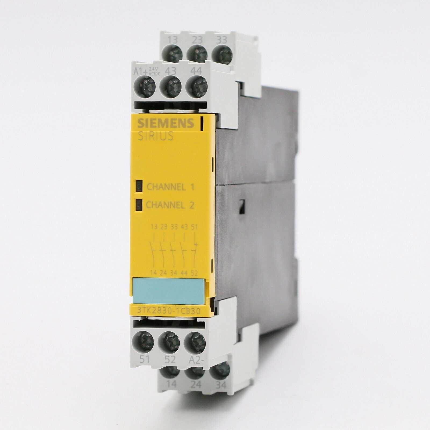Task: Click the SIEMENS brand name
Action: (x=166, y=123)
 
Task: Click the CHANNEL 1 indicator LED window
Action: (x=139, y=186)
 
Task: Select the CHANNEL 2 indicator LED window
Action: (x=139, y=205)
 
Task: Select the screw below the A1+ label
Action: (x=145, y=84)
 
